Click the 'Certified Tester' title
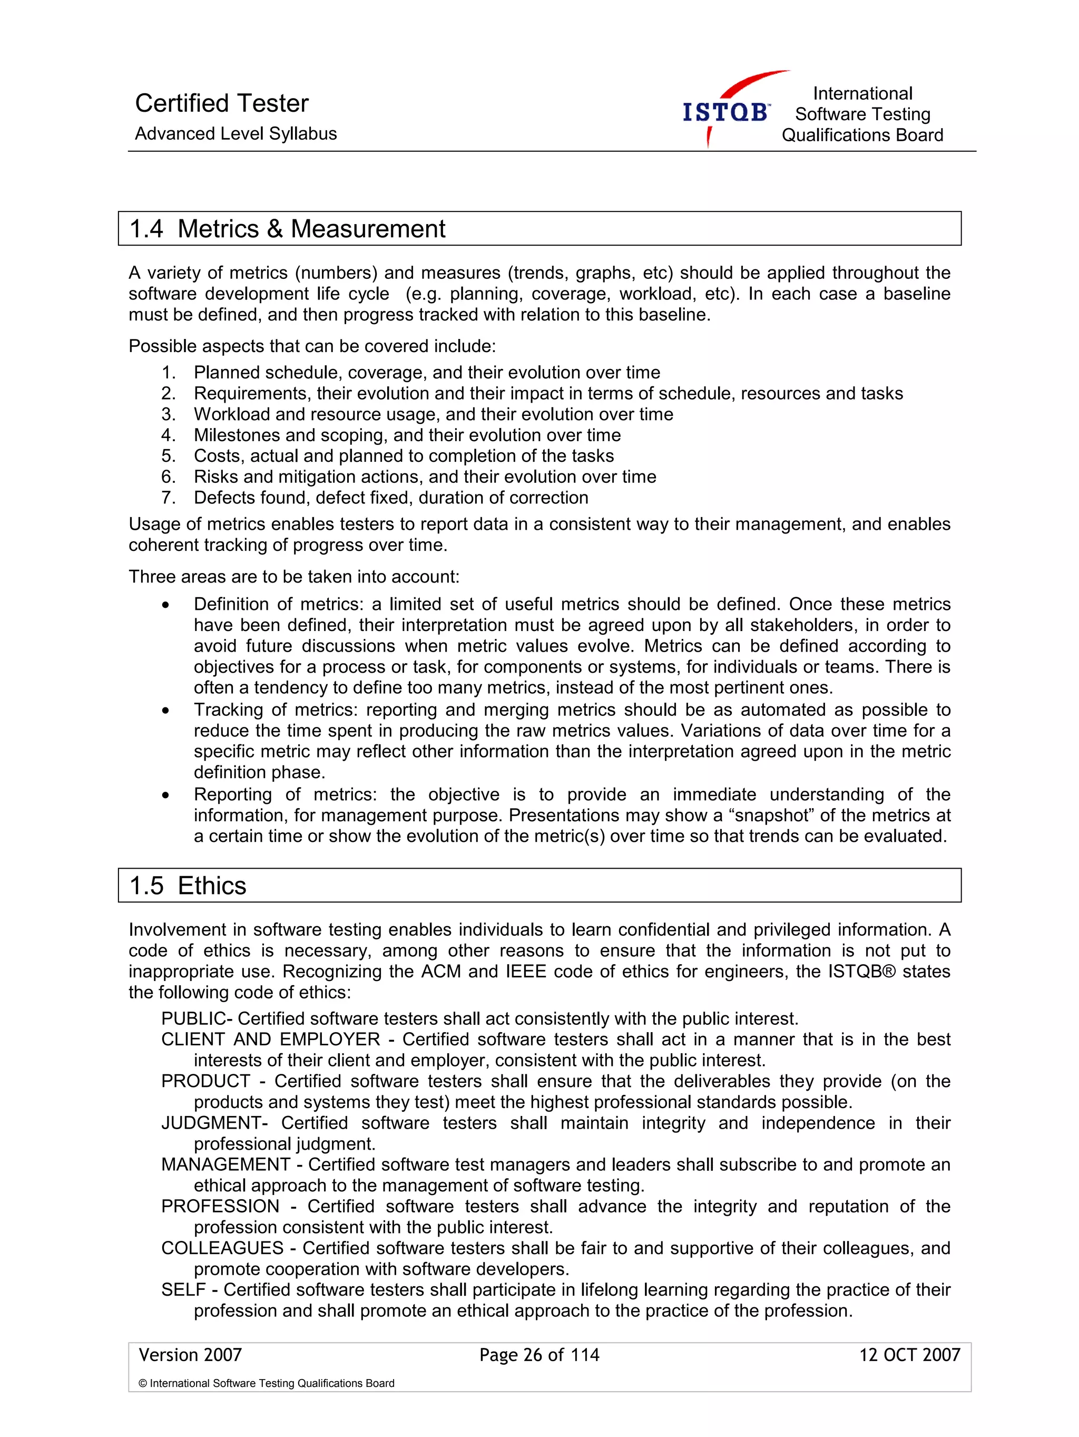(221, 103)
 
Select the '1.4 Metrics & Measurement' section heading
(287, 229)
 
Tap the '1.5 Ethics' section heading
(188, 886)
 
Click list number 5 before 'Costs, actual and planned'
(168, 456)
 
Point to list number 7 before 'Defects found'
(168, 498)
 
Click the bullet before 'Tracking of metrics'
(166, 711)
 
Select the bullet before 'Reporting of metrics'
(166, 795)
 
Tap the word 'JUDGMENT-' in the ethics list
(214, 1123)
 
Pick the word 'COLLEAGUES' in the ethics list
(222, 1248)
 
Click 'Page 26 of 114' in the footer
(539, 1354)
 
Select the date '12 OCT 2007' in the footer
(909, 1354)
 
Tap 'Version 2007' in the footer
(190, 1354)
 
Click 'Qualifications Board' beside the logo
(861, 135)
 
